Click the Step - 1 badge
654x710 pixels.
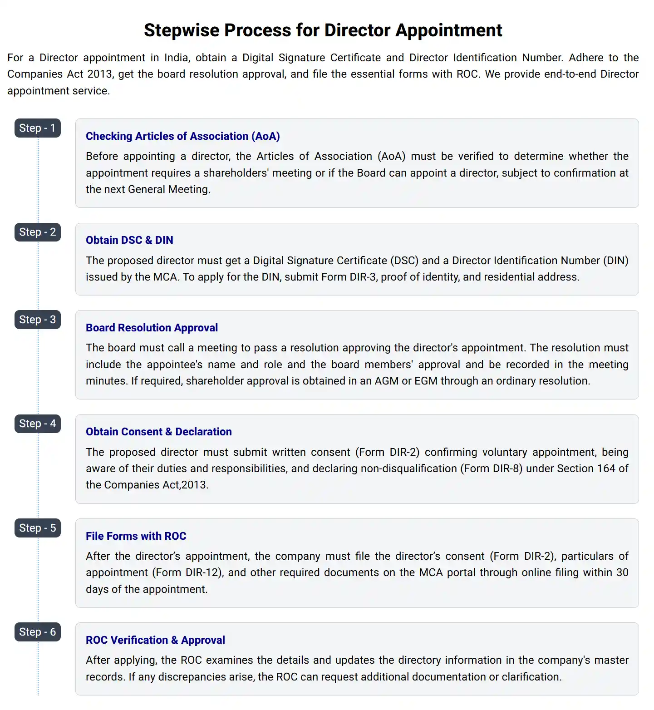(x=37, y=128)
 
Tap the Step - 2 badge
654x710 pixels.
(x=37, y=232)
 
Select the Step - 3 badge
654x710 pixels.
(x=37, y=320)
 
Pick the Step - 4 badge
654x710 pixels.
(x=37, y=424)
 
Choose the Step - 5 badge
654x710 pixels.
(x=37, y=528)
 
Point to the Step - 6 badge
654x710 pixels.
(x=37, y=632)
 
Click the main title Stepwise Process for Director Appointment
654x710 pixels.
(x=323, y=30)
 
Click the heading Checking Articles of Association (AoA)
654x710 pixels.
(x=182, y=136)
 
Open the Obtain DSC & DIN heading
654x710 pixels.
(x=129, y=240)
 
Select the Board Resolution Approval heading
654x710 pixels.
(x=152, y=328)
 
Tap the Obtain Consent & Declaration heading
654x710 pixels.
(x=158, y=432)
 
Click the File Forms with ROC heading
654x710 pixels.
(x=136, y=536)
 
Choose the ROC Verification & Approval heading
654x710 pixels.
(x=155, y=640)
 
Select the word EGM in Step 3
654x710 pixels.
(x=426, y=381)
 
